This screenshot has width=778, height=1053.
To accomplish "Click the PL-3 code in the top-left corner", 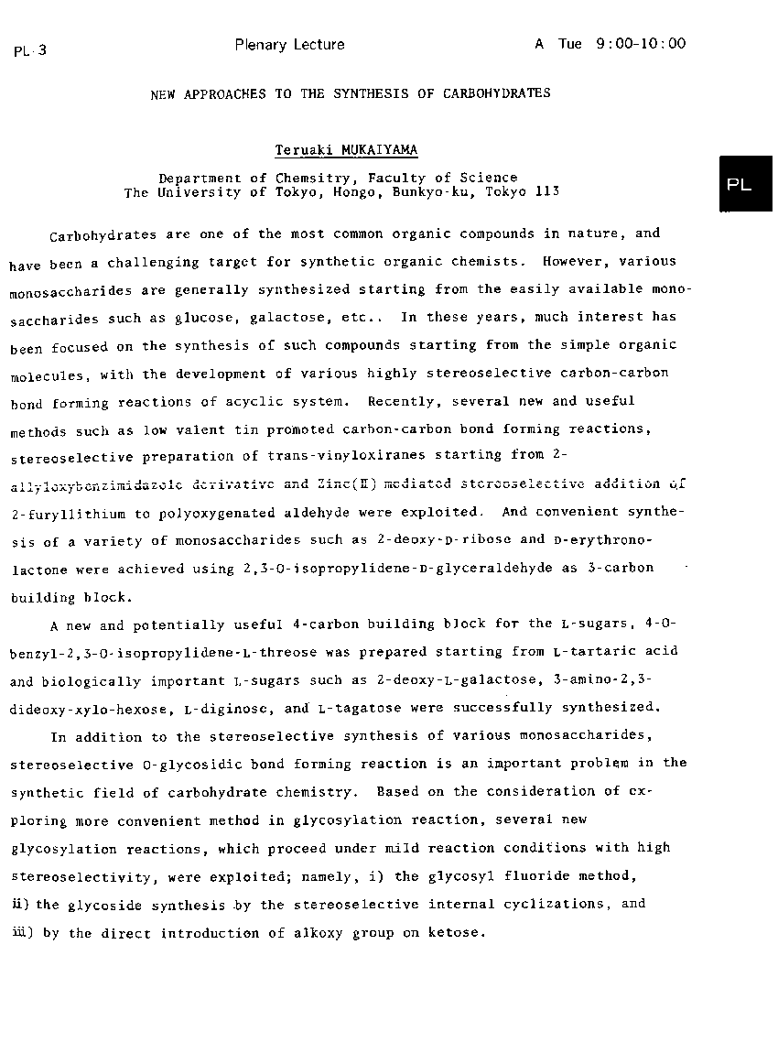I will (30, 51).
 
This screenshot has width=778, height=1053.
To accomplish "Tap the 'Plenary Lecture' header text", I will (289, 44).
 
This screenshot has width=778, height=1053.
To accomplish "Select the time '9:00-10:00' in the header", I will (640, 43).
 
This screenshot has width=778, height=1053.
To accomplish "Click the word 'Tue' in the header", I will (570, 43).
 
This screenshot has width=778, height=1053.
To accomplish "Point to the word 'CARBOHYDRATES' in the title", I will (497, 93).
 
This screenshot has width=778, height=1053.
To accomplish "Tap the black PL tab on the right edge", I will (739, 184).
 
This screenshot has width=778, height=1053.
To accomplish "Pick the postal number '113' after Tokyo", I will (546, 192).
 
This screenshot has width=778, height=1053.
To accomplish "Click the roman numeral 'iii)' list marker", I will (21, 933).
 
